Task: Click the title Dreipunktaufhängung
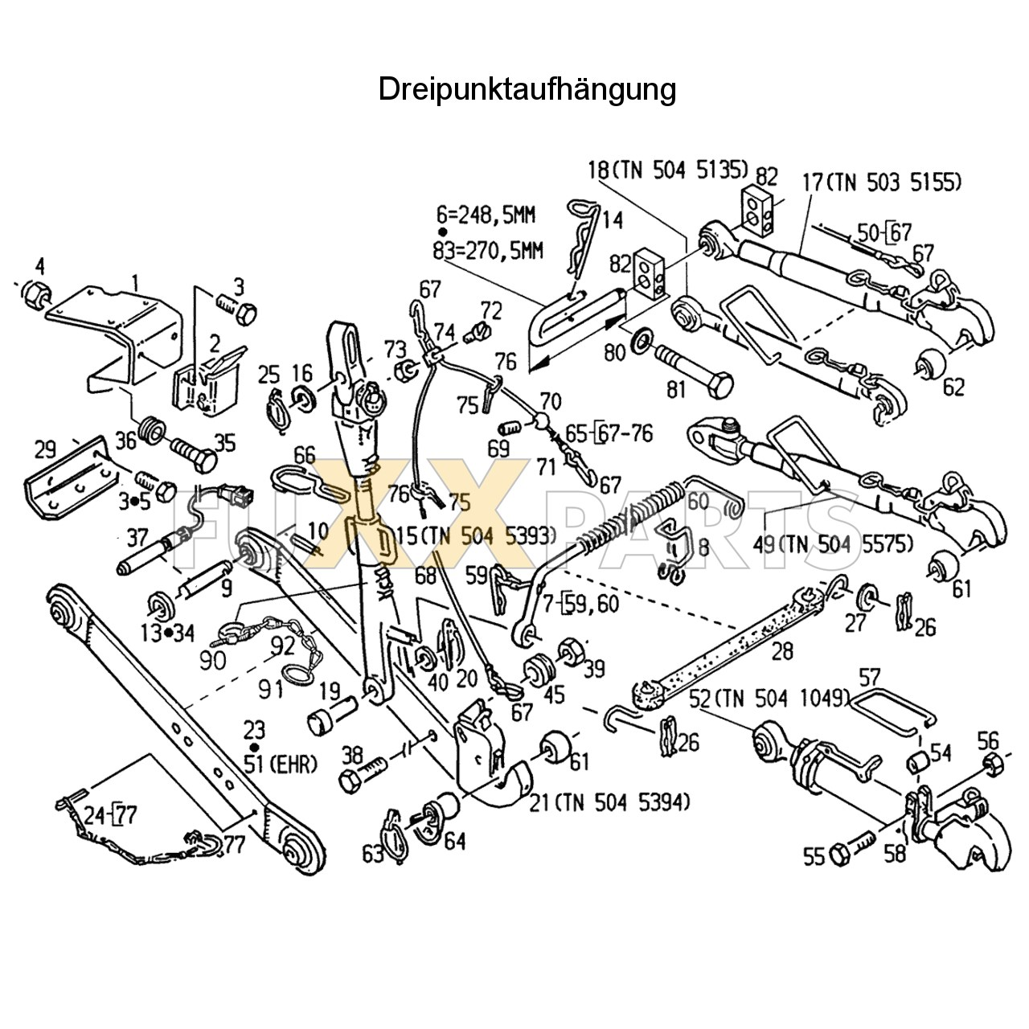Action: click(527, 89)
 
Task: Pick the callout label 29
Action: click(47, 449)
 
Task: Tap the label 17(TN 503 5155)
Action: click(881, 182)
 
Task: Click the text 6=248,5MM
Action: click(486, 215)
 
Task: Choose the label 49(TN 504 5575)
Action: click(834, 544)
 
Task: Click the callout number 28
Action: click(781, 651)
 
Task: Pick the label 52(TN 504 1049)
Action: click(767, 699)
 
